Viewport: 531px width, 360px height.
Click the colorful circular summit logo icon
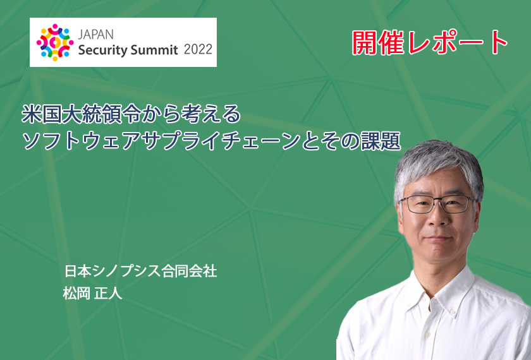(55, 42)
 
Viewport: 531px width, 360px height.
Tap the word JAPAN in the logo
(96, 35)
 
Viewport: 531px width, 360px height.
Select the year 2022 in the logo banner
(198, 50)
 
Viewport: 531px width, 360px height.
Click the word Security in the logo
(102, 50)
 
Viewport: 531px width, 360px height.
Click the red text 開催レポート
(429, 42)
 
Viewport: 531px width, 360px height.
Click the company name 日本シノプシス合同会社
(140, 272)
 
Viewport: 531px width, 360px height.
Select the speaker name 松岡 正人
(92, 293)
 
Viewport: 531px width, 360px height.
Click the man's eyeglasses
(437, 204)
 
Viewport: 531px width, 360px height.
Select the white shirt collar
(440, 294)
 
